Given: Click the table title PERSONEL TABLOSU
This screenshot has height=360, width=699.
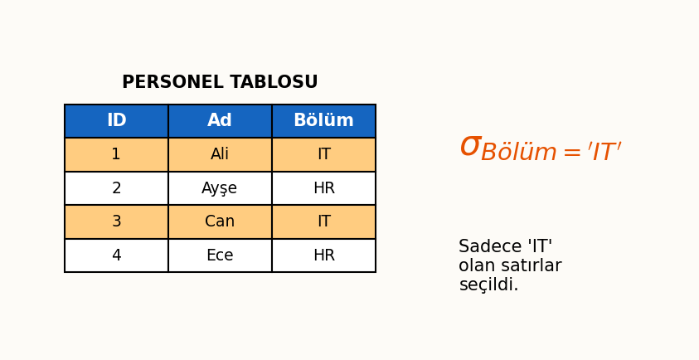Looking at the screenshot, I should (220, 83).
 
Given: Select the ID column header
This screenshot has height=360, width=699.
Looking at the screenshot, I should (116, 121).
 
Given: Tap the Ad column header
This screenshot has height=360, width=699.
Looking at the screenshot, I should (220, 121).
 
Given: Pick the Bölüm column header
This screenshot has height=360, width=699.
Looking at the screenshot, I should (323, 121).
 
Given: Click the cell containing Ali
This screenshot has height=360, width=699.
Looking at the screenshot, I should (220, 155).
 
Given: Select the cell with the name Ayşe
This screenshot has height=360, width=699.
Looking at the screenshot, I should (220, 188).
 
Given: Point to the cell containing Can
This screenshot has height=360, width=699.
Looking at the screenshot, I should (220, 222).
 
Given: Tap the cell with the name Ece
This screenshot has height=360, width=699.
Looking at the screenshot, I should (220, 255).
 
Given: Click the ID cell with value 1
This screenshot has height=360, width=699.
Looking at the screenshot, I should (116, 155).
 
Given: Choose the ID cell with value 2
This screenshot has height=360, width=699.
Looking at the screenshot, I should (116, 188).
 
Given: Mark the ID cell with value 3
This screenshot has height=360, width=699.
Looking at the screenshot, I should (116, 222).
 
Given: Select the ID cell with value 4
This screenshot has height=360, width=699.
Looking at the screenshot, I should (116, 255).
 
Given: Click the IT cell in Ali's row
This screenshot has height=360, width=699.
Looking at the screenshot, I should (323, 155).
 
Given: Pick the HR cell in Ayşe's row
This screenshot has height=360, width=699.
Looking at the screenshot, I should (323, 188).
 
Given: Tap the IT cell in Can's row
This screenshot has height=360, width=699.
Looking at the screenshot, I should (323, 222).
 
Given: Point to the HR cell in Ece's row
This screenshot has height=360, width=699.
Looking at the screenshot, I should (323, 255).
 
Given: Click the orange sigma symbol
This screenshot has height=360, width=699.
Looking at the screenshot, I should (470, 147).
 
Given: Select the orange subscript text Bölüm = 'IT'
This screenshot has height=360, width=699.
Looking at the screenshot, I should (551, 153).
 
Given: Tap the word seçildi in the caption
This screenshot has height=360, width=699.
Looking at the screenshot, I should (488, 285).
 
